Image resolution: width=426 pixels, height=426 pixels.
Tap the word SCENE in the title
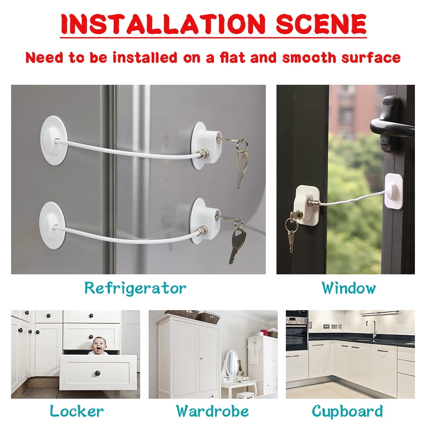[321, 24]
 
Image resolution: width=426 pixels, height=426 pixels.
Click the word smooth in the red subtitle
[309, 58]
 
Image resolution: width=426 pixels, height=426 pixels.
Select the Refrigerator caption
[135, 288]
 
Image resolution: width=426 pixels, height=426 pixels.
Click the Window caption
[348, 288]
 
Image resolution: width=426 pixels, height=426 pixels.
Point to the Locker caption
[77, 411]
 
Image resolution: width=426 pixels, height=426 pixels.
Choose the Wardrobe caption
[213, 411]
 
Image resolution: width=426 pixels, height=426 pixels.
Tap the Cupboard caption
[347, 412]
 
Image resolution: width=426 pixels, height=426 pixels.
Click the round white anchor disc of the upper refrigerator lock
[54, 140]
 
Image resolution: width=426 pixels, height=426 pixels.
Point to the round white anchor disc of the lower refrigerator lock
[52, 225]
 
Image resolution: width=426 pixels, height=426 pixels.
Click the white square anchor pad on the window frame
[394, 191]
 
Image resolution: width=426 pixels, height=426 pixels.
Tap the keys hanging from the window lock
[292, 231]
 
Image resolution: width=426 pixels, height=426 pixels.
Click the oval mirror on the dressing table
[232, 363]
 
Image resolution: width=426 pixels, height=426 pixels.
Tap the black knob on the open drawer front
[98, 373]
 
